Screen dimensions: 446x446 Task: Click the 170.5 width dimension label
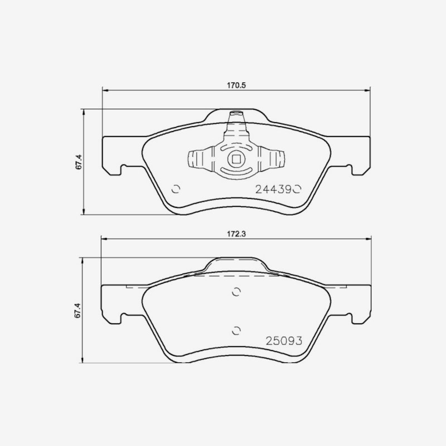236,85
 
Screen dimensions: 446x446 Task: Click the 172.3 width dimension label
236,234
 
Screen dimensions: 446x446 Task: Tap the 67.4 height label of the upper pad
79,162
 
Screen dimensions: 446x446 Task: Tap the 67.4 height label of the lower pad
78,311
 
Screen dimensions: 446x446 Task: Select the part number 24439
274,189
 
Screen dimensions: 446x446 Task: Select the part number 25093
284,341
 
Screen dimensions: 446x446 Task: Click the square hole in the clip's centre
236,159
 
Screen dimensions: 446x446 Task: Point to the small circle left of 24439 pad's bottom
176,189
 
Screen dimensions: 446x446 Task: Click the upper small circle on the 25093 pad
236,292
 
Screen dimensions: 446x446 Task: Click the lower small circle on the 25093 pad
236,331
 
